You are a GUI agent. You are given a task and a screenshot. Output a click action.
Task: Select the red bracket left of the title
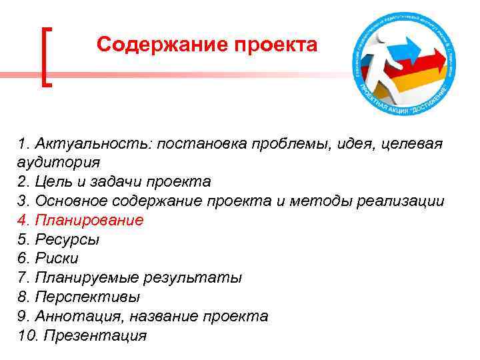46,56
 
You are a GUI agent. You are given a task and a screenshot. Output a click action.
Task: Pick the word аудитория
59,162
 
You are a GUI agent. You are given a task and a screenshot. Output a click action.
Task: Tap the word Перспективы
87,297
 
